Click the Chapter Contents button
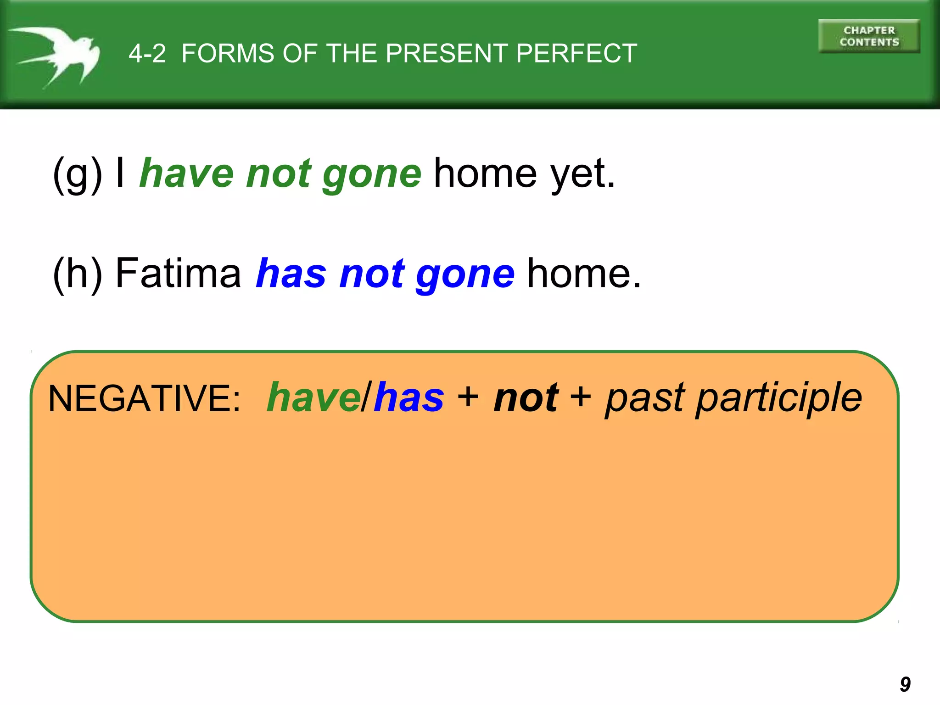coord(869,36)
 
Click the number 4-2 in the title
coord(147,54)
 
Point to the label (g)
coord(77,174)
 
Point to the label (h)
coord(77,274)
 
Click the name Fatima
coord(178,274)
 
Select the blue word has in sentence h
coord(291,274)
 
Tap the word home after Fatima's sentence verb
coord(583,274)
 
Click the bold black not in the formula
coord(526,398)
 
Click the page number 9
coord(905,684)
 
